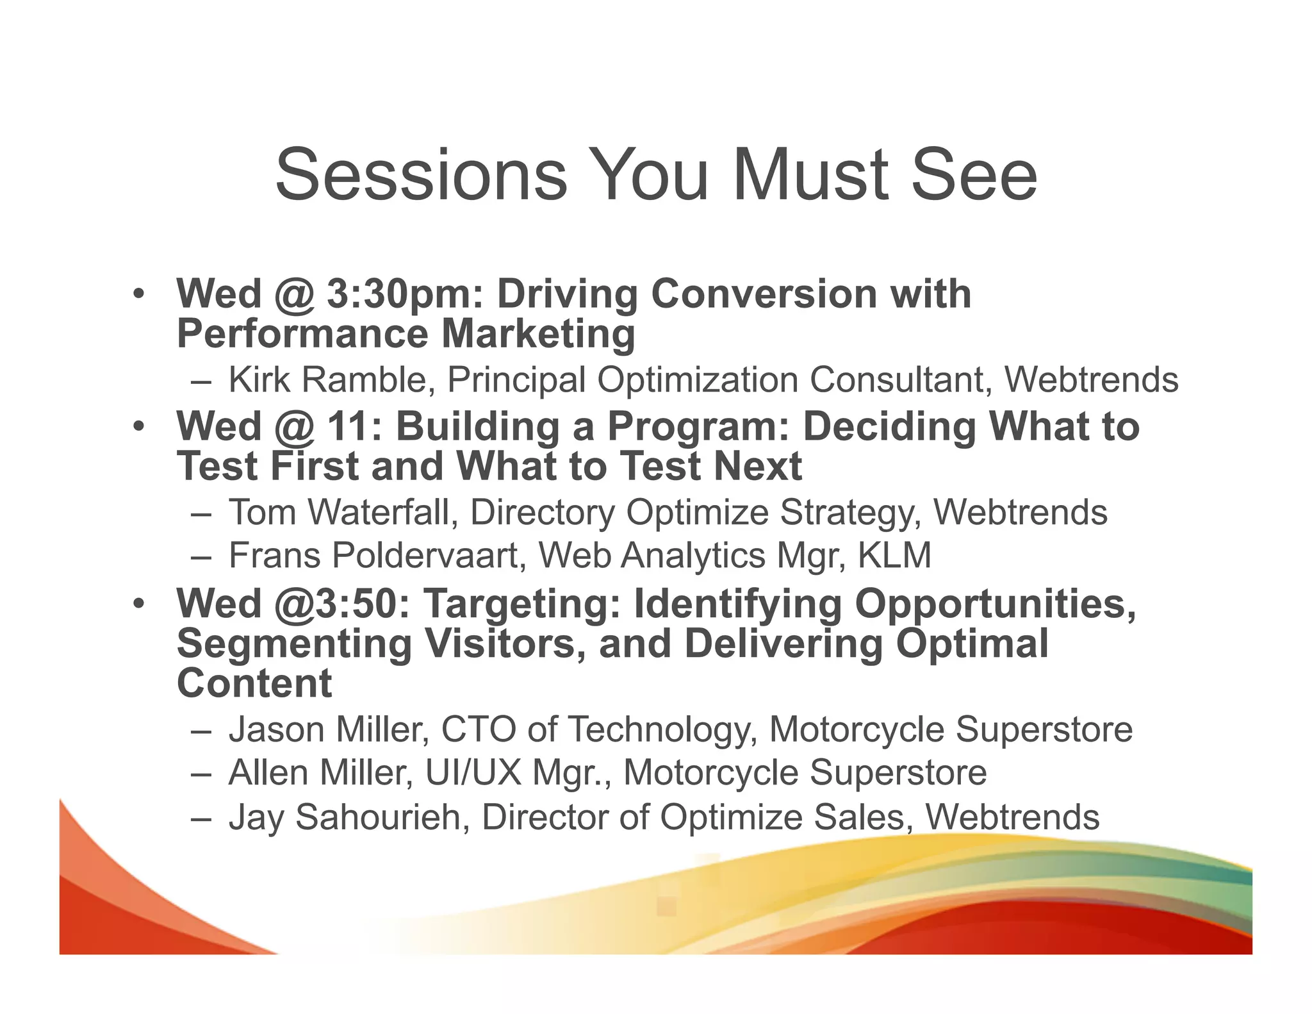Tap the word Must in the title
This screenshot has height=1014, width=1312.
point(811,174)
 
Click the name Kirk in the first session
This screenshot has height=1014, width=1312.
point(259,379)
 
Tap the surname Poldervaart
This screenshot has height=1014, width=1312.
point(429,555)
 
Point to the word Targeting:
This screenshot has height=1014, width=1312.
point(523,604)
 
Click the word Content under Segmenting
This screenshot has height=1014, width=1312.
point(254,683)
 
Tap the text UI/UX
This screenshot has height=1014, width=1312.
point(473,772)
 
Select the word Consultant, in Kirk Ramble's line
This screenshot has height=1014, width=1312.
point(901,379)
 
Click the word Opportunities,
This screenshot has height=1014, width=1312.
point(996,604)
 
